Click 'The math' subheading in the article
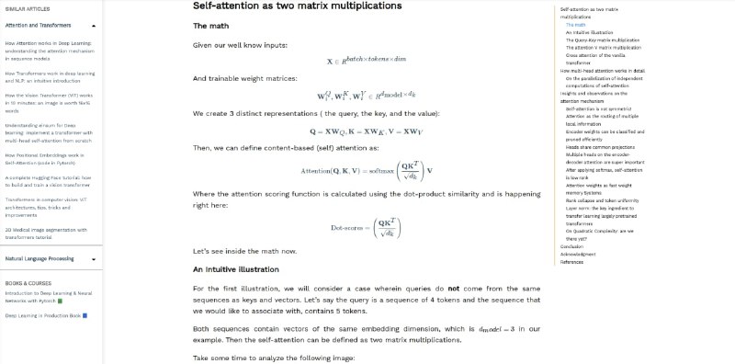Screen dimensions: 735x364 [210, 26]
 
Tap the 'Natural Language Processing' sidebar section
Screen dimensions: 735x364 [40, 259]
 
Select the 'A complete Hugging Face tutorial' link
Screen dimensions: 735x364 [50, 180]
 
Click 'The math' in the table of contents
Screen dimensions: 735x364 [575, 25]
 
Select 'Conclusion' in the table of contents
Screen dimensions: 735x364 [571, 246]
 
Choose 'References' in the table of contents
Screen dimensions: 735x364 [571, 262]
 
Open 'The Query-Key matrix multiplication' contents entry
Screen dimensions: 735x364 [603, 40]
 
